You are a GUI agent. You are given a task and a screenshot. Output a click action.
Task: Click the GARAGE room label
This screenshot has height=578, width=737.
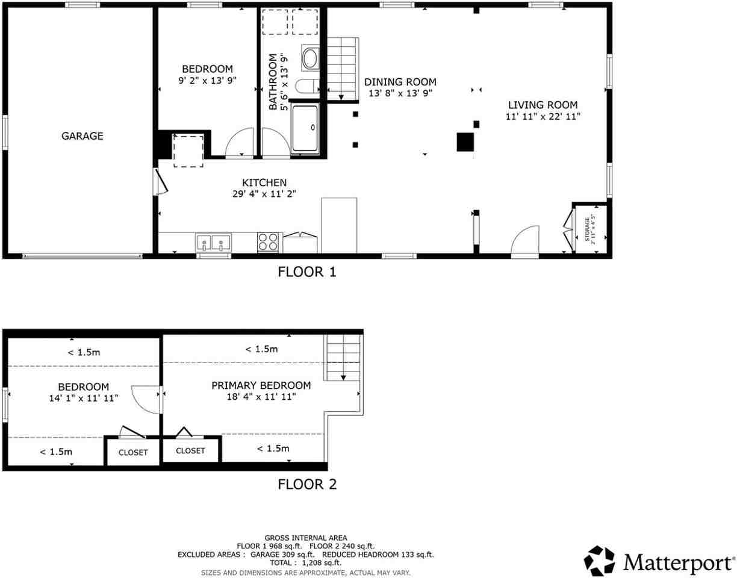pos(82,136)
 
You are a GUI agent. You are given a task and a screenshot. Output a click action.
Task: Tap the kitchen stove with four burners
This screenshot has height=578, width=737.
pos(269,242)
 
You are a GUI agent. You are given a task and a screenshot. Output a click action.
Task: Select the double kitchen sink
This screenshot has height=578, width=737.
pos(213,243)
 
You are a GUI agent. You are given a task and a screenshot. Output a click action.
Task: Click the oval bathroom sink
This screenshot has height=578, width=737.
pos(310,58)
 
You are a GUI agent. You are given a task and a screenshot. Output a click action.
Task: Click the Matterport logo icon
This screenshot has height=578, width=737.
pos(599,561)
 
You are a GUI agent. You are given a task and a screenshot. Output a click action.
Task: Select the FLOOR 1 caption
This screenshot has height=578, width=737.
pos(306,272)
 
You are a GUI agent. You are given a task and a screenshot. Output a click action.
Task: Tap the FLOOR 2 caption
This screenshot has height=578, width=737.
pos(306,484)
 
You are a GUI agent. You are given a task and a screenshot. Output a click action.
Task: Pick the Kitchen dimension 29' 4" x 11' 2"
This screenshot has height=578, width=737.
pos(264,194)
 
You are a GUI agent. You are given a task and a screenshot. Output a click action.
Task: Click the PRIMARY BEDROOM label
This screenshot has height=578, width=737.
pos(261,385)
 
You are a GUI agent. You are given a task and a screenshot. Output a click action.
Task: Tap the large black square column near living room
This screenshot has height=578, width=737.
pos(464,142)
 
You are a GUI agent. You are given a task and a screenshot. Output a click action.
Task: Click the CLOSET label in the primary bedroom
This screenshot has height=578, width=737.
pos(190,450)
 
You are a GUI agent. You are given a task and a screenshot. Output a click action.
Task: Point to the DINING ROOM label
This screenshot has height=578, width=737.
pos(400,82)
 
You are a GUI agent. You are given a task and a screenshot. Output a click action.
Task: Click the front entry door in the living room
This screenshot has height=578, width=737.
pos(525,241)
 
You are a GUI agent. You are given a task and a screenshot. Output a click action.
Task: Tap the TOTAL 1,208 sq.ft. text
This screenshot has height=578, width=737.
pos(306,563)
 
